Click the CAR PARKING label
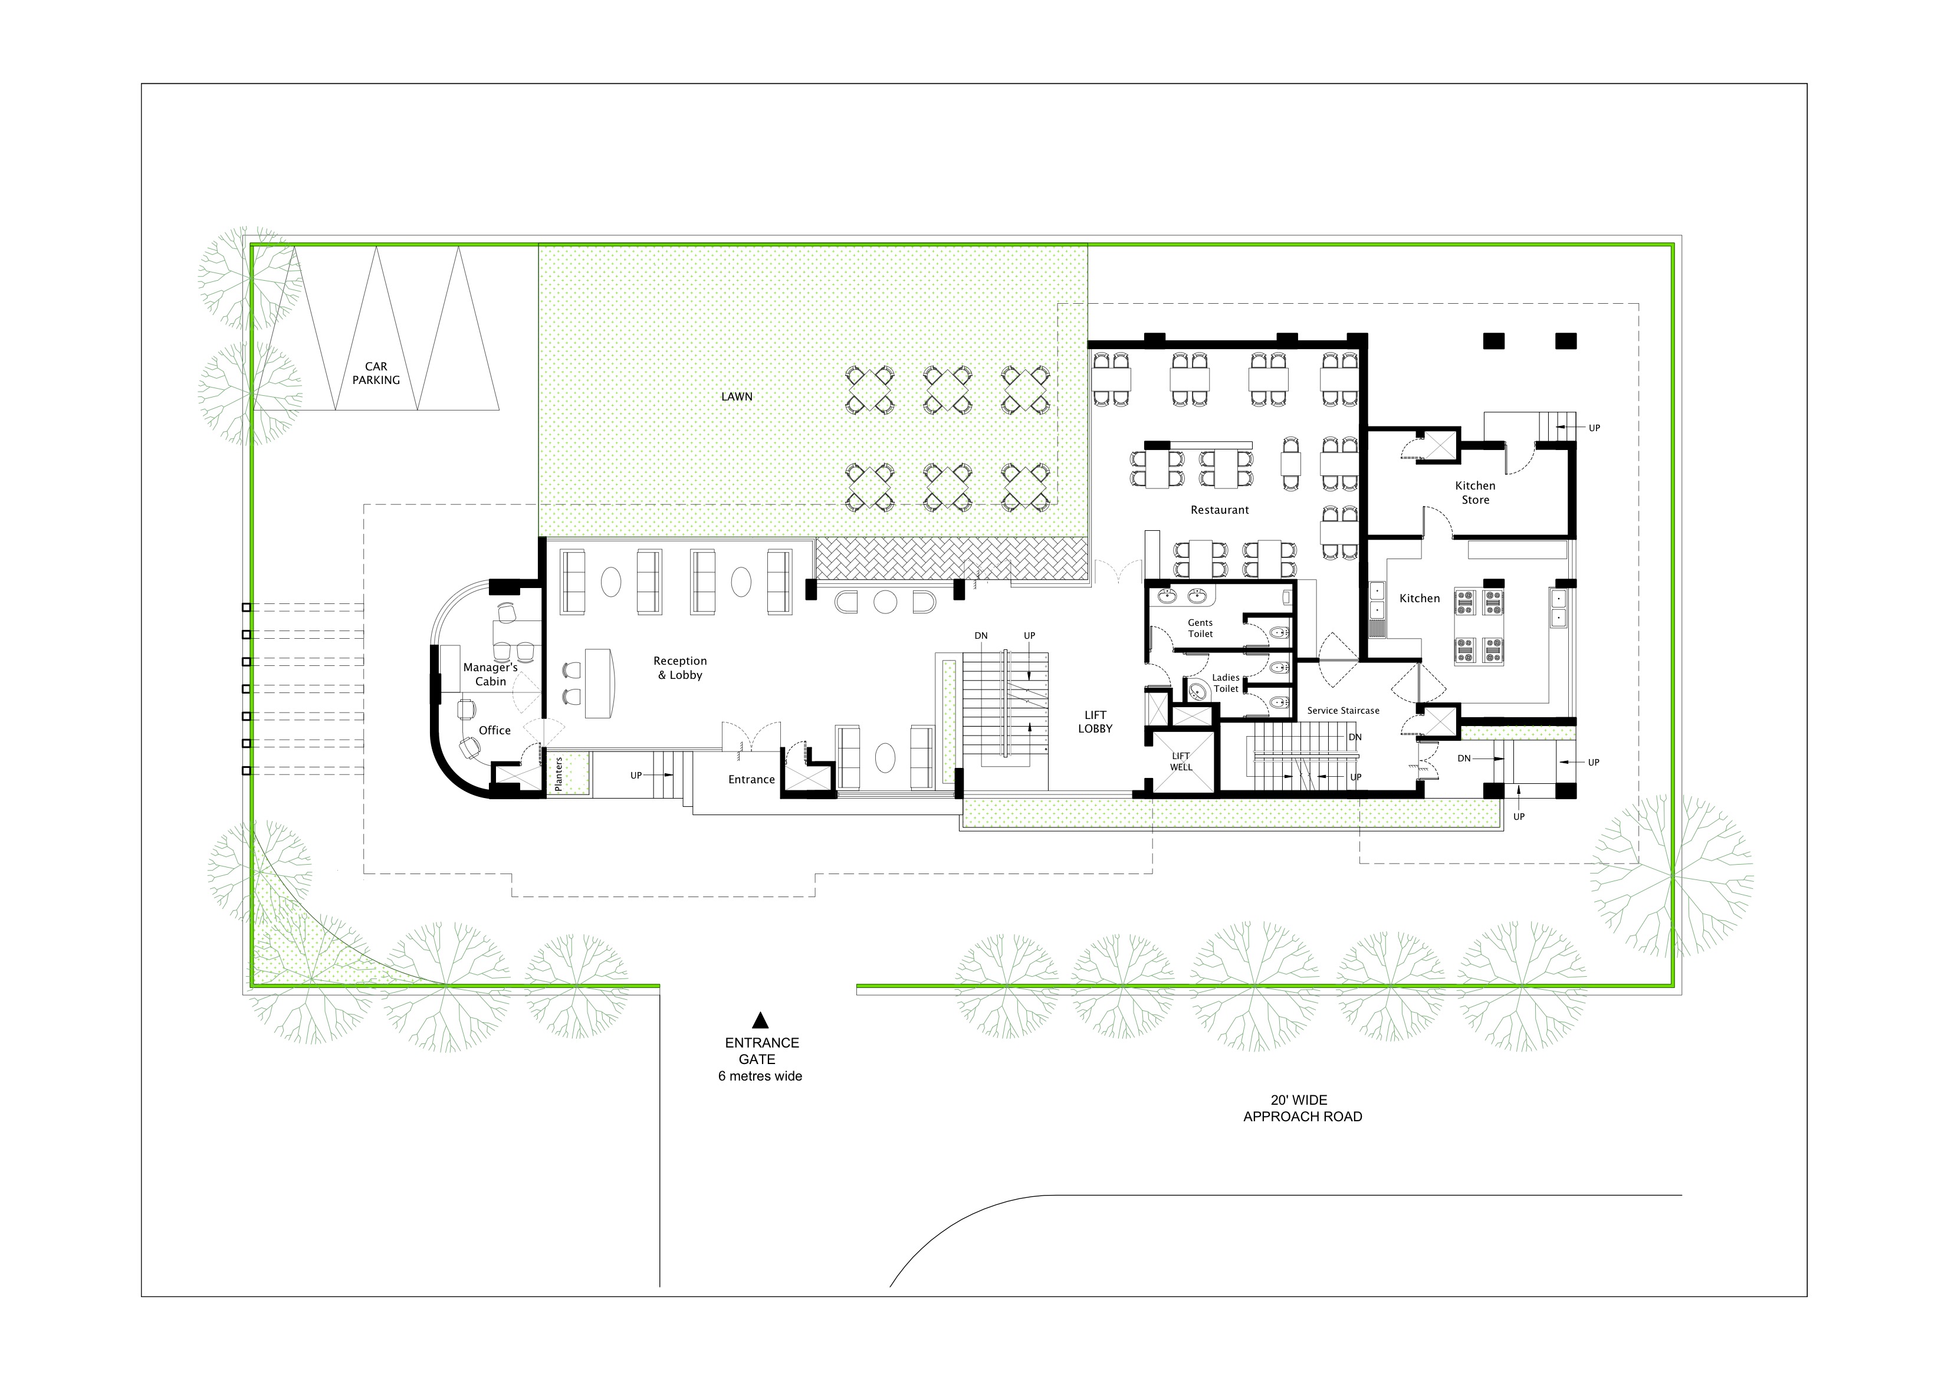tap(376, 373)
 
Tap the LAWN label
tap(736, 397)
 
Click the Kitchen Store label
tap(1474, 493)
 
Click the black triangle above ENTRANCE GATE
tap(760, 1020)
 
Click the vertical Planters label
tap(559, 774)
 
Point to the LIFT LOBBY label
tap(1095, 721)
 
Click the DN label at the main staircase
tap(981, 636)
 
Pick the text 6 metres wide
tap(760, 1076)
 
